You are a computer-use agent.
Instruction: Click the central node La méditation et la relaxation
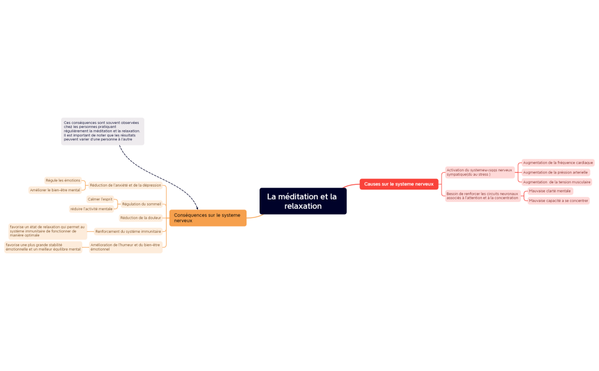coord(302,201)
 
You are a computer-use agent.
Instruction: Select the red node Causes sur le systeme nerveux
coord(399,184)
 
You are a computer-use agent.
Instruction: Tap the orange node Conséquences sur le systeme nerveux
coord(208,217)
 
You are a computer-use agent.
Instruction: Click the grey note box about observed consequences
coord(103,131)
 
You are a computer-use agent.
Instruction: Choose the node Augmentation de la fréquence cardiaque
coord(558,163)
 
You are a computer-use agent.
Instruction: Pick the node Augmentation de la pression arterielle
coord(555,172)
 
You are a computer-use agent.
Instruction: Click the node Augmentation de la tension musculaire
coord(556,182)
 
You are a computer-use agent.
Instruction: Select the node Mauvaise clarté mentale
coord(549,191)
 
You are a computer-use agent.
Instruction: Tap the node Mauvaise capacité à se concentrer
coord(558,201)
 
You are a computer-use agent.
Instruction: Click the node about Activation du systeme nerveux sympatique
coord(479,172)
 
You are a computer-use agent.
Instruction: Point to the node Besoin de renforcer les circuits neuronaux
coord(482,196)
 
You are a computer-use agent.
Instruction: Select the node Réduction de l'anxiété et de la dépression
coord(126,185)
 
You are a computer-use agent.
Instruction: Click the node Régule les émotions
coord(63,180)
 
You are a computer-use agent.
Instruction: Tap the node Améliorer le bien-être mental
coord(55,190)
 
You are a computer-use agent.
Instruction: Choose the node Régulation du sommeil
coord(141,204)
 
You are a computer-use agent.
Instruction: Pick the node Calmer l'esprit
coord(100,199)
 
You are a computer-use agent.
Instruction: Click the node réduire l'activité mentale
coord(91,209)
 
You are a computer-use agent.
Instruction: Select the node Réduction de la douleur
coord(140,217)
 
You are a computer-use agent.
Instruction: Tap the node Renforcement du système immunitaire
coord(128,231)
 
